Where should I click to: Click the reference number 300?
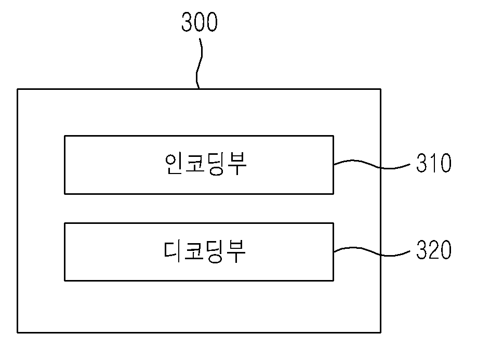coord(199,22)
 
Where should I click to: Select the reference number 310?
coord(433,163)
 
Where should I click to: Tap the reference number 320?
coord(433,250)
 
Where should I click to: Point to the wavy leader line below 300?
coord(198,63)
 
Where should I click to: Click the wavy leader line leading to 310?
coord(372,164)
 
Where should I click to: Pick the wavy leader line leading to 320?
coord(372,251)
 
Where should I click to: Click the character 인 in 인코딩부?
coord(174,164)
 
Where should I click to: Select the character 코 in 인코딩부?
coord(195,164)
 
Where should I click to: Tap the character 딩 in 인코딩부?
coord(216,164)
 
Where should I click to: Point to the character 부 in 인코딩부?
coord(236,164)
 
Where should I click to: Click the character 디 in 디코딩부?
coord(173,251)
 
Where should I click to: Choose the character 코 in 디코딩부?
coord(194,251)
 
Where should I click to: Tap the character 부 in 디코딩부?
coord(236,251)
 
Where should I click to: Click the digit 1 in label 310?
coord(433,163)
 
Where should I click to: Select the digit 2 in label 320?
coord(433,250)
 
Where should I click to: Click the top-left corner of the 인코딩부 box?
coord(65,136)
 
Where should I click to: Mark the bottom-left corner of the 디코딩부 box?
coord(65,281)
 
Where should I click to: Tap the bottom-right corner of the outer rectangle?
coord(380,332)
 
